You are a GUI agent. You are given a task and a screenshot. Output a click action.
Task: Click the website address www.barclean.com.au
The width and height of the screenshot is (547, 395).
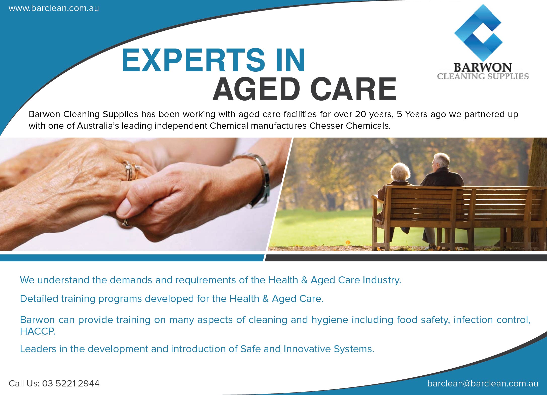54,8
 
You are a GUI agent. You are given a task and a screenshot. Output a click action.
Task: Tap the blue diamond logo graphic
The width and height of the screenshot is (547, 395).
478,33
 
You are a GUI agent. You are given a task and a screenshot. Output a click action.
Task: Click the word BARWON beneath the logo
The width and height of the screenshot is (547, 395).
483,67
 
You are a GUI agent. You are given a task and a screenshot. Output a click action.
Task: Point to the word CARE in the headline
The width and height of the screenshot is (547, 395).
353,89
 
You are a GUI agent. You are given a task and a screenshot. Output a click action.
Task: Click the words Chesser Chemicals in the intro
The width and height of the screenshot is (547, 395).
350,126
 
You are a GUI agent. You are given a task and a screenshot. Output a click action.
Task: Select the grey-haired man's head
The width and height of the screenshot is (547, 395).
441,161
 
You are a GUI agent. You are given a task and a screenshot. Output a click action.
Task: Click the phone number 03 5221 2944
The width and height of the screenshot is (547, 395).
71,383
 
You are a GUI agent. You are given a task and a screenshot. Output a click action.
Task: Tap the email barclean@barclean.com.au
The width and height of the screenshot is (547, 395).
483,383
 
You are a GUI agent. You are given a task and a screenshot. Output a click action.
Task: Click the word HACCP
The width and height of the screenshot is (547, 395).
38,331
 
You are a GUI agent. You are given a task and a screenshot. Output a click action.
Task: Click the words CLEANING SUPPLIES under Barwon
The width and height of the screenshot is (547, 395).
483,76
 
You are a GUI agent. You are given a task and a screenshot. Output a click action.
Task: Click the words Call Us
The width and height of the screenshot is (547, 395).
24,383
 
